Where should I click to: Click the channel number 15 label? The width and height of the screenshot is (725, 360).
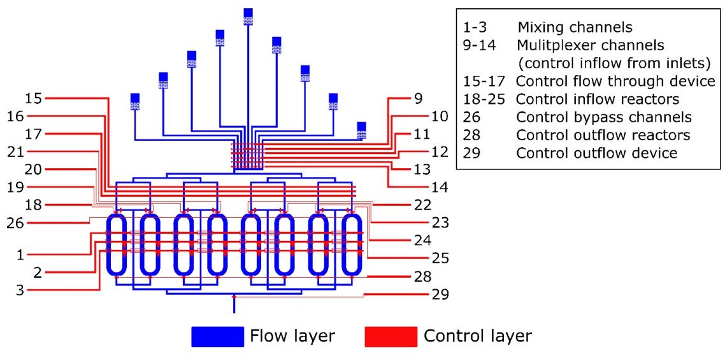pos(32,99)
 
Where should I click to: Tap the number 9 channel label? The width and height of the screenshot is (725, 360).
pos(419,99)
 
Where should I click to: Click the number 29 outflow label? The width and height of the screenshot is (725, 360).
pos(440,294)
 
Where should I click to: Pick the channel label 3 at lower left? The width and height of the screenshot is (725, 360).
pos(20,290)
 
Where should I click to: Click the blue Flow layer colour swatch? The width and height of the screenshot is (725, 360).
pos(217,336)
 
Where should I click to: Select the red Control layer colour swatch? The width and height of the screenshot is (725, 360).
pos(391,336)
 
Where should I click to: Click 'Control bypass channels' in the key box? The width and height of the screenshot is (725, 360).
pos(604,117)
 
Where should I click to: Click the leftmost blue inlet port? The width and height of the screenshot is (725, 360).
pos(134,101)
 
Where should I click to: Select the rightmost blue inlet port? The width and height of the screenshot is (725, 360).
pos(361,129)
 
